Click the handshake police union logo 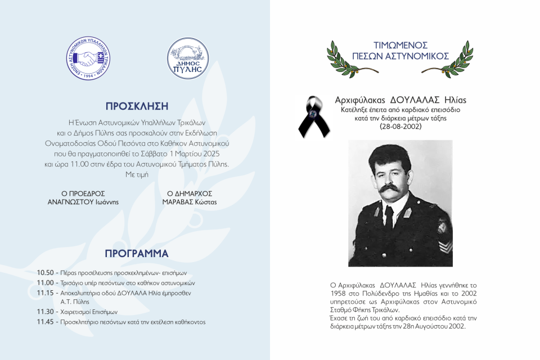point(88,59)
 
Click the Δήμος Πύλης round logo point(188,59)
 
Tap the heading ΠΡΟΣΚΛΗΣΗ point(137,106)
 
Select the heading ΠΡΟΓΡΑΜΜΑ point(137,253)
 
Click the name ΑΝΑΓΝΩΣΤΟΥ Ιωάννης point(83,202)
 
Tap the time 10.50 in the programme point(45,272)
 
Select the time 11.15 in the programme point(45,293)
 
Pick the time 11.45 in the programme point(45,322)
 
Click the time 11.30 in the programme point(45,312)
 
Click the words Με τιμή point(137,174)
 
